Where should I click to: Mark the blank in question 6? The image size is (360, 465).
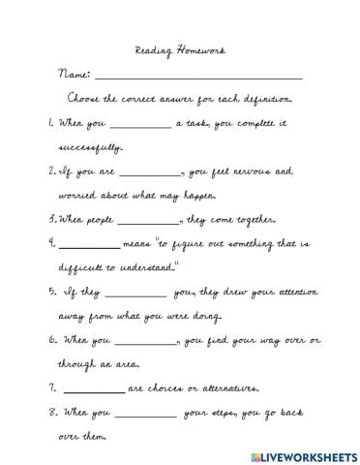(x=146, y=343)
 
